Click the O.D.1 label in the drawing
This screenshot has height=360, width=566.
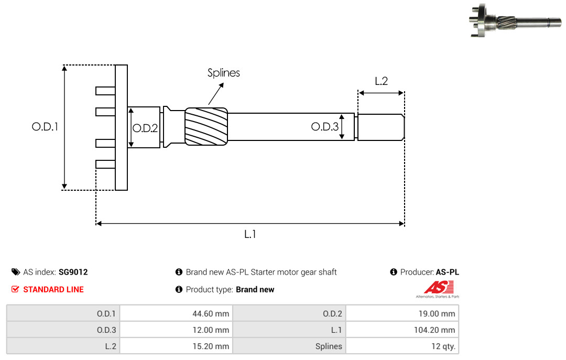pyautogui.click(x=45, y=127)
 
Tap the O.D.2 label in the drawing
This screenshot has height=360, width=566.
pyautogui.click(x=145, y=128)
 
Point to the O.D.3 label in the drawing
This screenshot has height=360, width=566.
pyautogui.click(x=325, y=127)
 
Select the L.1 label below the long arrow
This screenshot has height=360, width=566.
pyautogui.click(x=250, y=234)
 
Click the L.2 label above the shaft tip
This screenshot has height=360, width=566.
pyautogui.click(x=381, y=81)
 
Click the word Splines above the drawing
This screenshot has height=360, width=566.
pyautogui.click(x=223, y=73)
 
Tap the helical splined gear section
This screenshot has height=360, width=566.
pyautogui.click(x=206, y=126)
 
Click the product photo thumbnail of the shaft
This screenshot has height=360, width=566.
pyautogui.click(x=516, y=20)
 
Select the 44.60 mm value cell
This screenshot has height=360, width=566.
pyautogui.click(x=176, y=313)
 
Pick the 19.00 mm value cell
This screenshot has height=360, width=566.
pyautogui.click(x=402, y=313)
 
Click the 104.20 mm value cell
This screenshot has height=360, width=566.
pyautogui.click(x=402, y=330)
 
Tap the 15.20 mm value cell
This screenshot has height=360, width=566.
pyautogui.click(x=176, y=346)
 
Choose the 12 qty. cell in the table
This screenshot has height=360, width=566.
pyautogui.click(x=402, y=346)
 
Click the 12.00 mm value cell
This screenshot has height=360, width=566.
pyautogui.click(x=176, y=330)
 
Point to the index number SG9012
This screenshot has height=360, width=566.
pyautogui.click(x=73, y=272)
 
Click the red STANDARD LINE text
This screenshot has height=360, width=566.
pyautogui.click(x=53, y=289)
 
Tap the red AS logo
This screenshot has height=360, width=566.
pyautogui.click(x=438, y=289)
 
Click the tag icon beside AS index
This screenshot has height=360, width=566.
pyautogui.click(x=16, y=272)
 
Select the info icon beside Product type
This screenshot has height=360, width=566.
pyautogui.click(x=179, y=289)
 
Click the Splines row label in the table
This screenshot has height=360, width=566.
pyautogui.click(x=329, y=346)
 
